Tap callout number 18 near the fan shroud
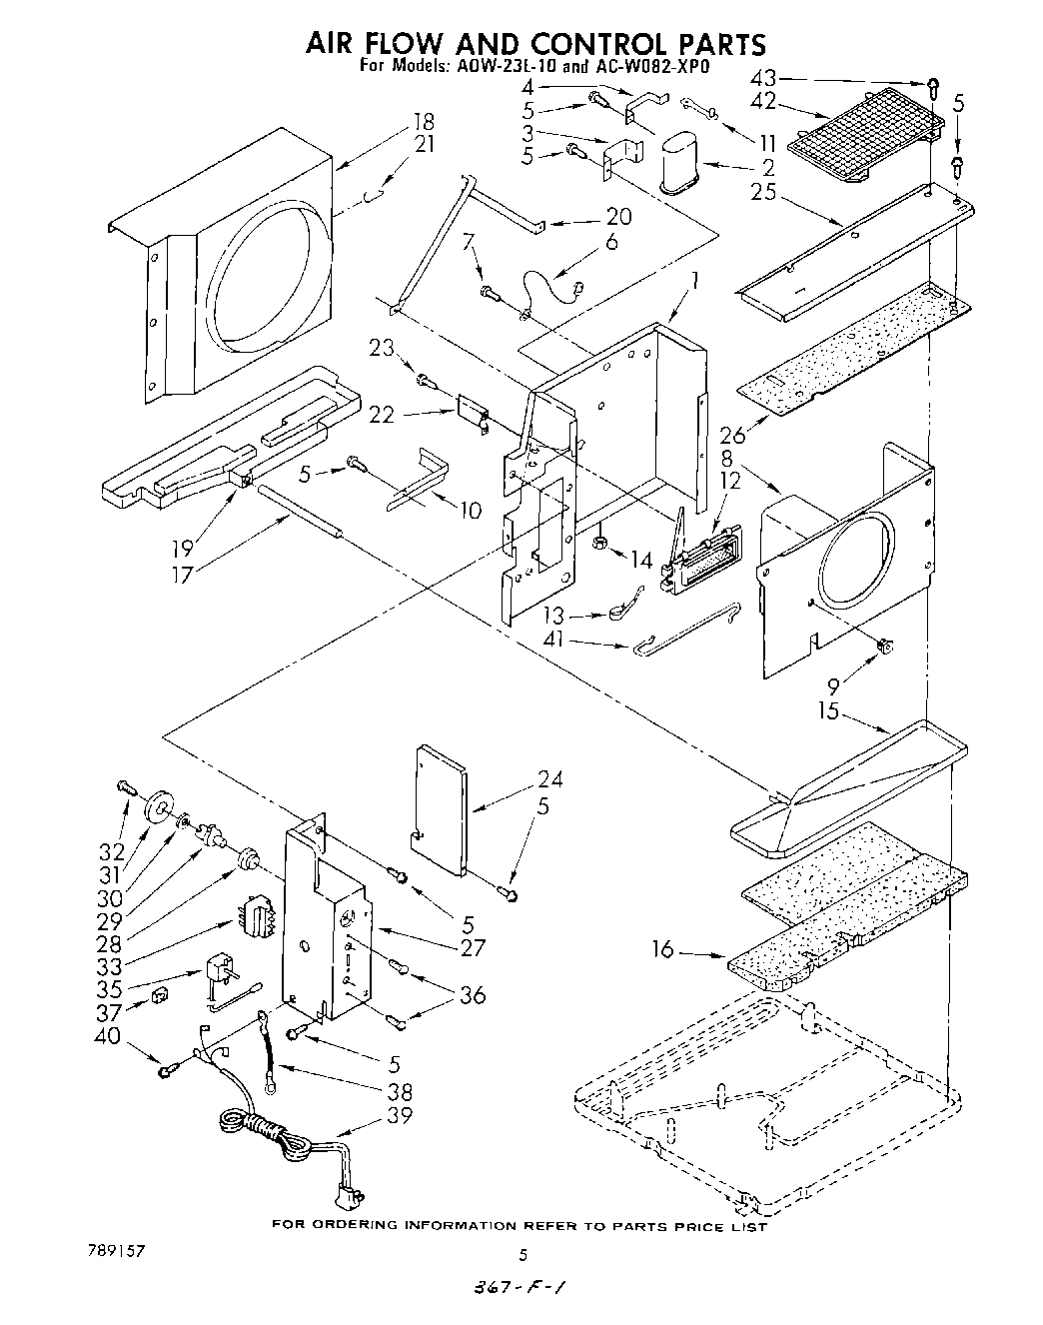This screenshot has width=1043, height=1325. (x=424, y=122)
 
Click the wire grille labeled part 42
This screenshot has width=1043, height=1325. (x=864, y=132)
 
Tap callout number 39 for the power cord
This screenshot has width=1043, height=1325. (x=399, y=1115)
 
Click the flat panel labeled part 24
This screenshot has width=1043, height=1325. (x=441, y=807)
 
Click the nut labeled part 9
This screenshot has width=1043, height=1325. (x=883, y=647)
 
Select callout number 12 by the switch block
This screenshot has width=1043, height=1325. (x=731, y=481)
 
